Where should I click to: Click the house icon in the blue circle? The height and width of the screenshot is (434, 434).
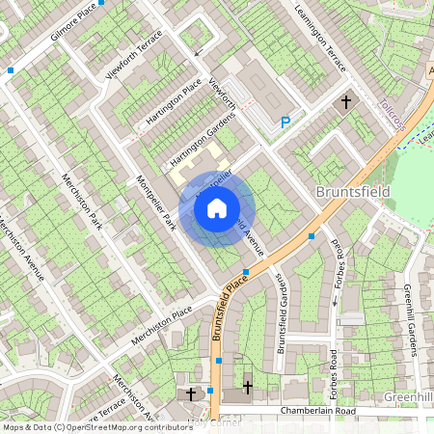[x=217, y=207]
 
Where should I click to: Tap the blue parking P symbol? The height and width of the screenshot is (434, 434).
[x=285, y=122]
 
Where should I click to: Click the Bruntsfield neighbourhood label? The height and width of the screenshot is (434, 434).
[x=353, y=192]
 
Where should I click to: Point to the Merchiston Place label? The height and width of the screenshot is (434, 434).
[x=164, y=316]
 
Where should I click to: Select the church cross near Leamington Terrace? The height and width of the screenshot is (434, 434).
[x=345, y=101]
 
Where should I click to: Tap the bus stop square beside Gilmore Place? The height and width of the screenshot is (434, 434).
[x=11, y=69]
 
